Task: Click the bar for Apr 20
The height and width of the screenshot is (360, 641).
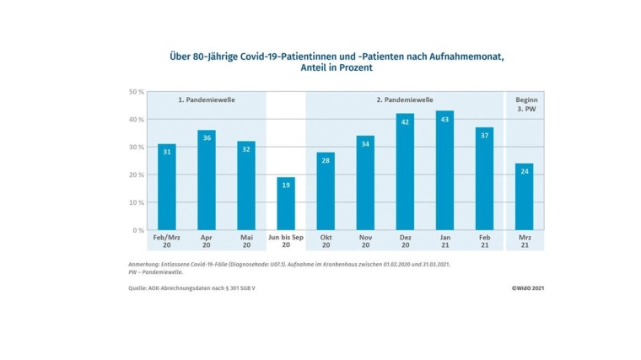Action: pyautogui.click(x=207, y=181)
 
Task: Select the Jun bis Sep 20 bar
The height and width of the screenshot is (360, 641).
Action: pyautogui.click(x=286, y=205)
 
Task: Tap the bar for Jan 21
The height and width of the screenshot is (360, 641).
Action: pyautogui.click(x=444, y=171)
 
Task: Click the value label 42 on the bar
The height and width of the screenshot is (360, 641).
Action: pyautogui.click(x=405, y=121)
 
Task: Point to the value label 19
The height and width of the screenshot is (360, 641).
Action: pyautogui.click(x=286, y=185)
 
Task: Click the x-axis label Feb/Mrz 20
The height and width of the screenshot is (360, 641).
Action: pyautogui.click(x=167, y=242)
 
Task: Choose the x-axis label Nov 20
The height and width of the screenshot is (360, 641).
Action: pyautogui.click(x=365, y=242)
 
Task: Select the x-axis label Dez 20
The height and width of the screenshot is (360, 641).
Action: pyautogui.click(x=405, y=242)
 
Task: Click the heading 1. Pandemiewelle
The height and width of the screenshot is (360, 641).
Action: pyautogui.click(x=206, y=99)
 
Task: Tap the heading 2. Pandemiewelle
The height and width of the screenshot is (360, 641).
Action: pyautogui.click(x=405, y=99)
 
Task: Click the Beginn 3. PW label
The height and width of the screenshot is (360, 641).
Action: pyautogui.click(x=525, y=104)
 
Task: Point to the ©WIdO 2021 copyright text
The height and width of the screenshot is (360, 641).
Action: pyautogui.click(x=526, y=288)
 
